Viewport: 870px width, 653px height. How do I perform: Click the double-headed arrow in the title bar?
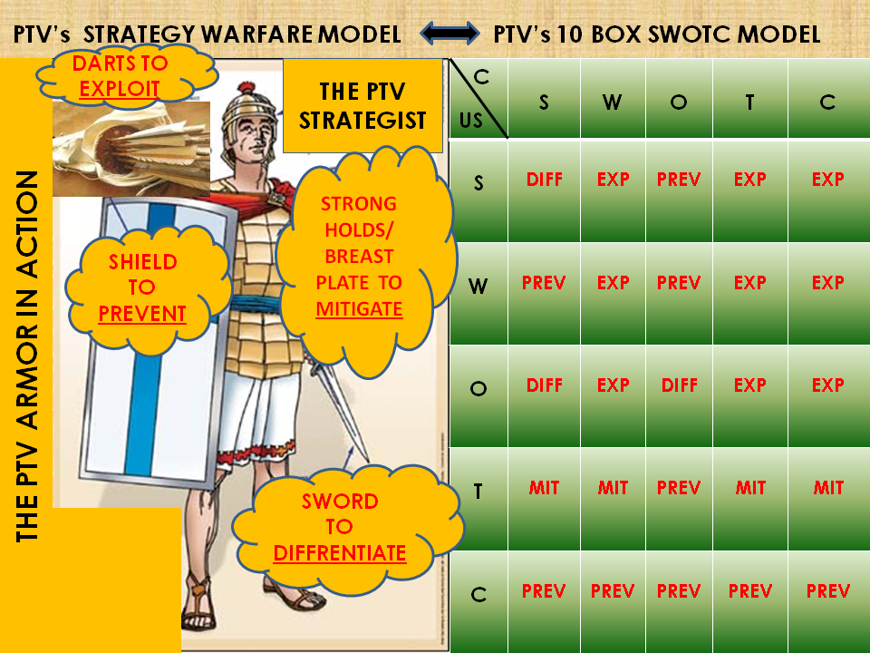(x=450, y=34)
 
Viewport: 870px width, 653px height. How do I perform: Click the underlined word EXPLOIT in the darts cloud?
(x=120, y=88)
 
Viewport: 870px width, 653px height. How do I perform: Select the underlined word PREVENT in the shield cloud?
(x=142, y=314)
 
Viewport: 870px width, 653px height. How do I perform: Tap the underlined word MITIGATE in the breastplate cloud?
(x=359, y=308)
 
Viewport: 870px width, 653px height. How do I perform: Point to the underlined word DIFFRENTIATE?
(x=340, y=551)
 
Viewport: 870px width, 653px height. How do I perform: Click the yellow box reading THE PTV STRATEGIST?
(x=362, y=105)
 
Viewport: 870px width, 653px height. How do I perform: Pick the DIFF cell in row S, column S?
(x=544, y=180)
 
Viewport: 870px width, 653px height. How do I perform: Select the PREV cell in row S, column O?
(x=679, y=180)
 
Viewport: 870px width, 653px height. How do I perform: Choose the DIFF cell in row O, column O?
(x=679, y=385)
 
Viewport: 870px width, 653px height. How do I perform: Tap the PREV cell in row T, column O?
(x=679, y=488)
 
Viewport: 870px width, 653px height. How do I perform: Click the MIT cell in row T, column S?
(x=544, y=488)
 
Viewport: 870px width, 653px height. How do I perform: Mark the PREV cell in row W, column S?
(x=544, y=282)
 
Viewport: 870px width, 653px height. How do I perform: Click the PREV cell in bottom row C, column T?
(x=750, y=591)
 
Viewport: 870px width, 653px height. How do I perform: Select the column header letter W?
(x=613, y=102)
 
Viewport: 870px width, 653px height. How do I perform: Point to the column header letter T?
(x=749, y=102)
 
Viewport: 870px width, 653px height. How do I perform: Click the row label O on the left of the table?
(x=478, y=389)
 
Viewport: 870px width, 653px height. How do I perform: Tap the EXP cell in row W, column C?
(x=828, y=282)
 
